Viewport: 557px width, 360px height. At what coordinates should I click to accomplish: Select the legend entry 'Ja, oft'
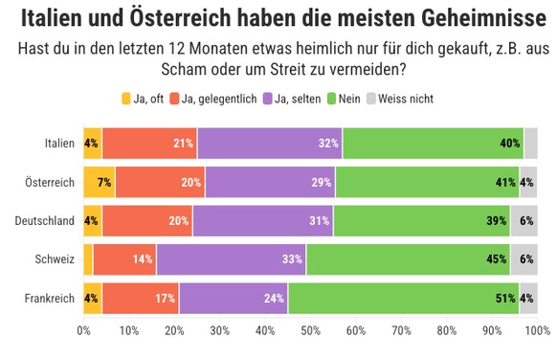144,99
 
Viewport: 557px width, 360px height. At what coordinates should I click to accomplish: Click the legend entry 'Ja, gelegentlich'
219,99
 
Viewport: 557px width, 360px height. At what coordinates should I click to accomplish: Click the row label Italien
59,144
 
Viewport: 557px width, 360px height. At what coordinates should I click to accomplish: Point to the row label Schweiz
55,259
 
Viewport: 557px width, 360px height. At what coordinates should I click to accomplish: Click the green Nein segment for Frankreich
403,299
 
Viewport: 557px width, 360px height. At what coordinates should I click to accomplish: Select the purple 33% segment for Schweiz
231,259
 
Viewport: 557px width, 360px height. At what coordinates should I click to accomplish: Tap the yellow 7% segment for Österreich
99,182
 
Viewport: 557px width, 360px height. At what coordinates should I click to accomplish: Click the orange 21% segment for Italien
148,144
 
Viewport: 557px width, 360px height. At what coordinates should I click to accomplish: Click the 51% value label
507,299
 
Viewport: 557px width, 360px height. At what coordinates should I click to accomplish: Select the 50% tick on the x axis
310,331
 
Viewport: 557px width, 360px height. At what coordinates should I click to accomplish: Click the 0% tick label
84,331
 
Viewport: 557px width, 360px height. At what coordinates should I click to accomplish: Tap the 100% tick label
537,331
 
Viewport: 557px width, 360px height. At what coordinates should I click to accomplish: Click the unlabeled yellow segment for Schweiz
88,259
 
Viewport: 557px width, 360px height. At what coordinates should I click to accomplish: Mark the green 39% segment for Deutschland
421,221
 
